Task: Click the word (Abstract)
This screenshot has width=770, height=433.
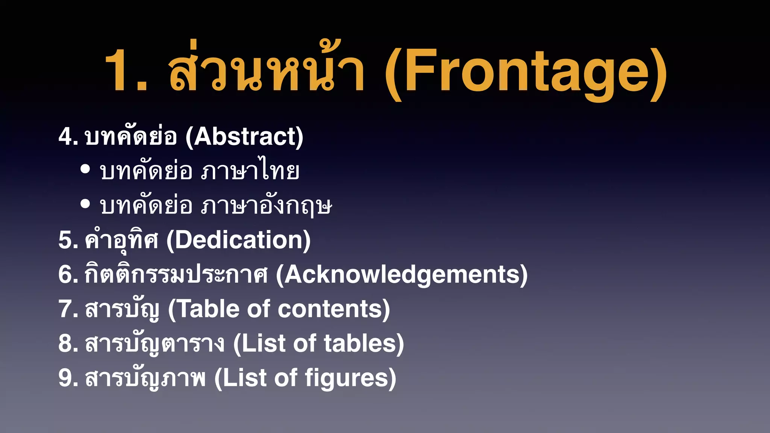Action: click(x=244, y=136)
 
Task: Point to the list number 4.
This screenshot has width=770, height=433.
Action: click(x=68, y=136)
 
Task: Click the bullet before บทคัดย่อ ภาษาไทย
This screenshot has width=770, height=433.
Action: click(x=85, y=169)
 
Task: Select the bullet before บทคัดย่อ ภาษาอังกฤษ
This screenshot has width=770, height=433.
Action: click(x=85, y=204)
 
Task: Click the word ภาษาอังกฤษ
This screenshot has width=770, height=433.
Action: click(x=267, y=206)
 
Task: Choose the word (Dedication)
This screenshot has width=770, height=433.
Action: click(x=238, y=240)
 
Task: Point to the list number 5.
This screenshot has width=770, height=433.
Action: click(x=68, y=240)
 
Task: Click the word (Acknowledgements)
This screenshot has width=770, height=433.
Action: click(x=402, y=275)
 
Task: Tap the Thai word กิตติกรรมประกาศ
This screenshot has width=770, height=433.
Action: click(x=176, y=274)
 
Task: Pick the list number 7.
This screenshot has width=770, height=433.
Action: click(x=68, y=309)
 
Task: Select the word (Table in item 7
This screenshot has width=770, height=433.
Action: click(x=203, y=309)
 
